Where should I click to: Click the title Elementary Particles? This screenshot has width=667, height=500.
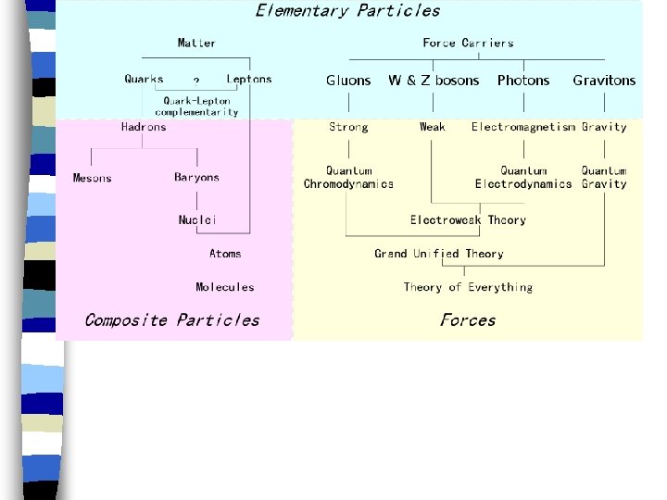[347, 11]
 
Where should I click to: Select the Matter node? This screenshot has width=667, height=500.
[196, 43]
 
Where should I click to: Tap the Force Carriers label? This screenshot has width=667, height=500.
[468, 43]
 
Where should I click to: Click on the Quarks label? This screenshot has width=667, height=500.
[144, 79]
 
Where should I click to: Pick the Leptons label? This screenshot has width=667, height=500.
[249, 79]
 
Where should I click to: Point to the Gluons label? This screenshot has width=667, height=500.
[348, 81]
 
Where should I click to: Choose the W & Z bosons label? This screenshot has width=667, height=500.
[434, 81]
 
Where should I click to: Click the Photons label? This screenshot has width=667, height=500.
[523, 81]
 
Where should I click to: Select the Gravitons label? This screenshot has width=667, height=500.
[604, 81]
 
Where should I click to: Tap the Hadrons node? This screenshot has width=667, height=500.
[144, 127]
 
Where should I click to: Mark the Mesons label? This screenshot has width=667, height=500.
[93, 178]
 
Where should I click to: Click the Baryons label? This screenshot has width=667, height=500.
[196, 177]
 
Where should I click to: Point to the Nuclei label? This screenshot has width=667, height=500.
[197, 219]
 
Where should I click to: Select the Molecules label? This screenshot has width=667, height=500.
[224, 287]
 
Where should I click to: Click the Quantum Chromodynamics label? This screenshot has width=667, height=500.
[348, 178]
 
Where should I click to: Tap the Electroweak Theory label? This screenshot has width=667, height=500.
[468, 219]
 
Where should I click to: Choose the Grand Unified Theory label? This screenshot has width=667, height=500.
[439, 253]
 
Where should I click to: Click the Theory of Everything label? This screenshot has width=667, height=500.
[468, 287]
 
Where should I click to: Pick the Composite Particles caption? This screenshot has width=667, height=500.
[171, 320]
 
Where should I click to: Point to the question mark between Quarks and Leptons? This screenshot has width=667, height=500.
[195, 82]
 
